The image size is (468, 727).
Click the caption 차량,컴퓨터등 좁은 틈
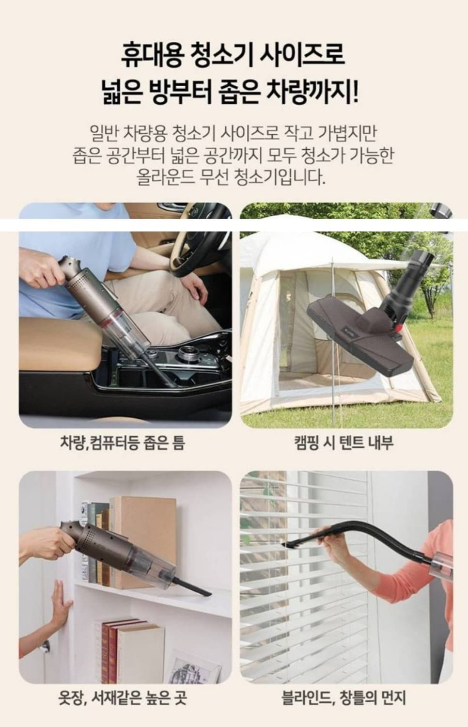click(122, 443)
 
